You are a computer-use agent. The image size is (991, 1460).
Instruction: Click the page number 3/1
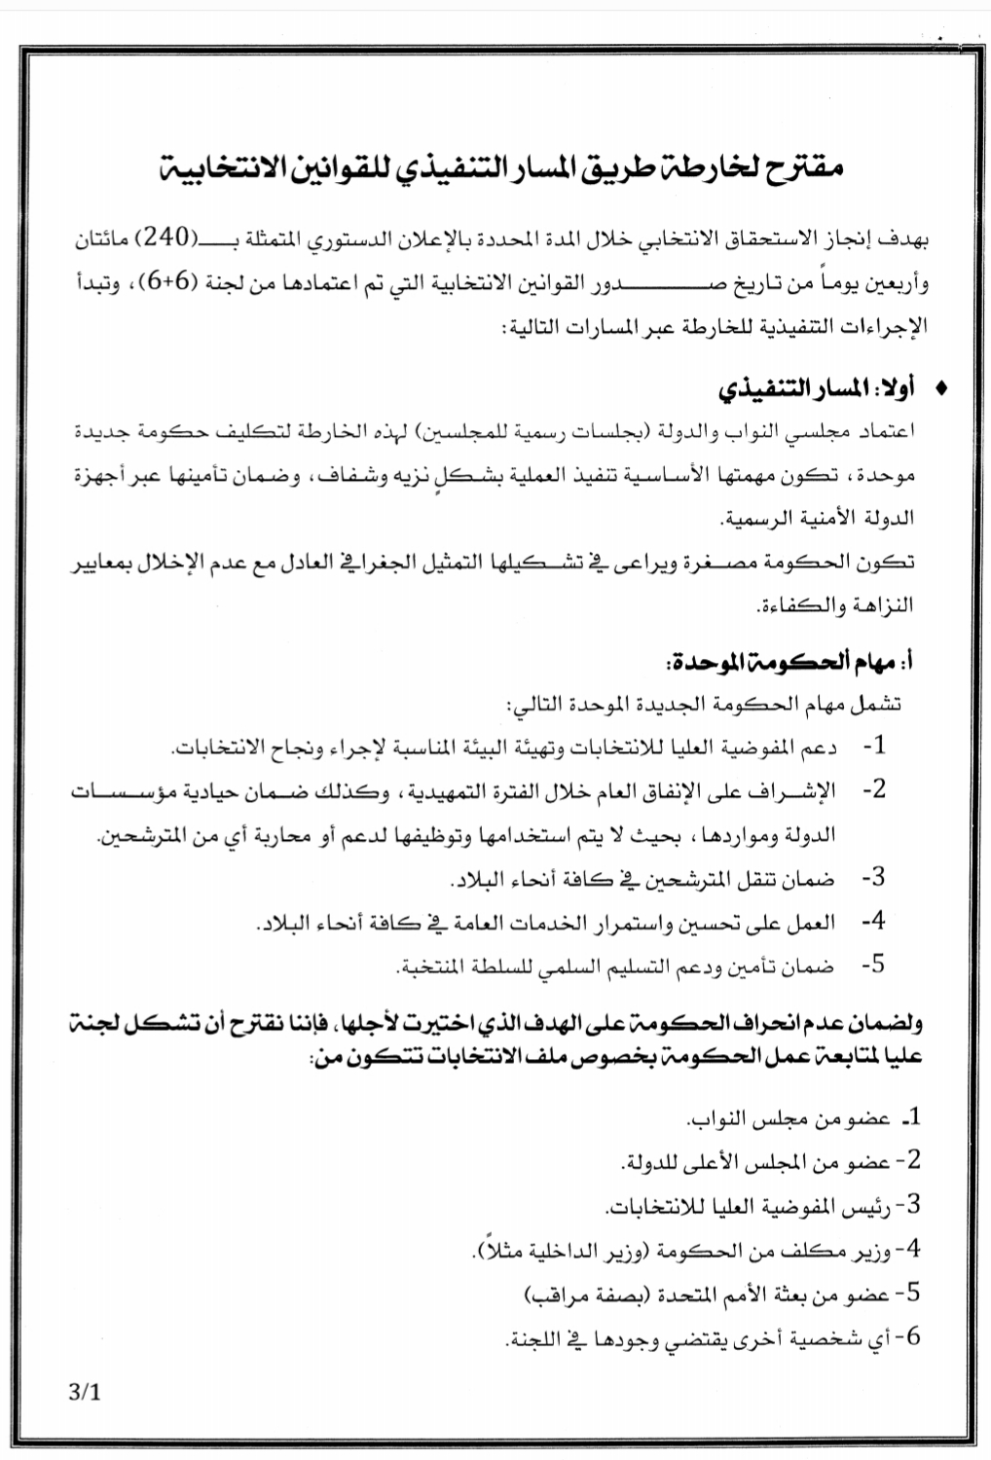(85, 1392)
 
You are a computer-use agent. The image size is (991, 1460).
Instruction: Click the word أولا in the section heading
(894, 389)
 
